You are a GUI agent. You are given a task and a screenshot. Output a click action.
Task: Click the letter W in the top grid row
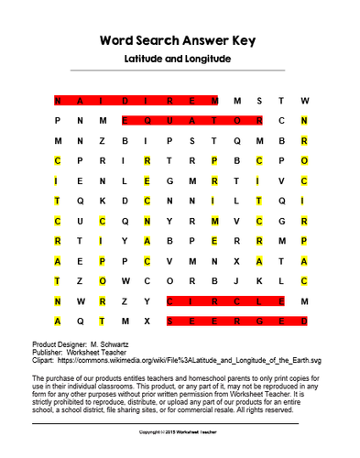305,100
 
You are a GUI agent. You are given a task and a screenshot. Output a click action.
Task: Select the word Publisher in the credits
48,350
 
